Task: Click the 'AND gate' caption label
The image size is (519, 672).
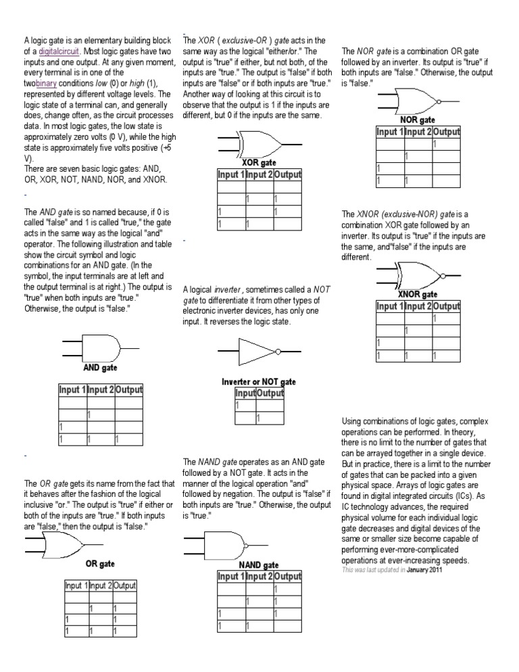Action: point(101,368)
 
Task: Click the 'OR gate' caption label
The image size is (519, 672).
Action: point(100,562)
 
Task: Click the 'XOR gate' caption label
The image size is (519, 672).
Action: point(259,162)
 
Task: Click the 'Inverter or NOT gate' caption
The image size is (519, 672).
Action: point(259,382)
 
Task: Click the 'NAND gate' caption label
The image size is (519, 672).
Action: point(259,565)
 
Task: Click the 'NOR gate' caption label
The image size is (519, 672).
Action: point(418,120)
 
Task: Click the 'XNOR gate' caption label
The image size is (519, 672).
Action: point(418,295)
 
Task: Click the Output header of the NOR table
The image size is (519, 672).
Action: point(446,132)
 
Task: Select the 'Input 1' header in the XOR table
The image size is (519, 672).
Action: point(230,175)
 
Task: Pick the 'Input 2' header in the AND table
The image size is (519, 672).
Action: point(101,390)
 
